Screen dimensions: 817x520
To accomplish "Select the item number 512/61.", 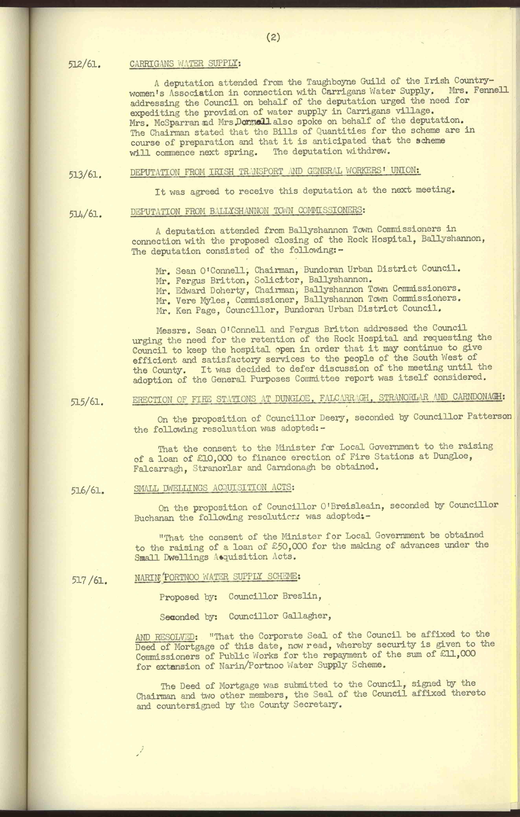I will [x=85, y=65].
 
